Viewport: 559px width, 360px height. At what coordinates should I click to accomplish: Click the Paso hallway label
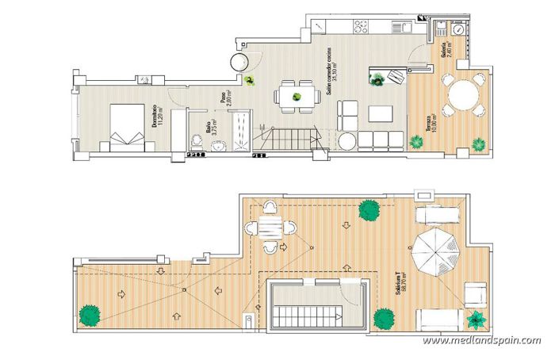pos(226,98)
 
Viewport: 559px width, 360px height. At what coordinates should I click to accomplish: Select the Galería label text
pos(445,52)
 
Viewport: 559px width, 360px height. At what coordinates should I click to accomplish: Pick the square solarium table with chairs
pos(268,228)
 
